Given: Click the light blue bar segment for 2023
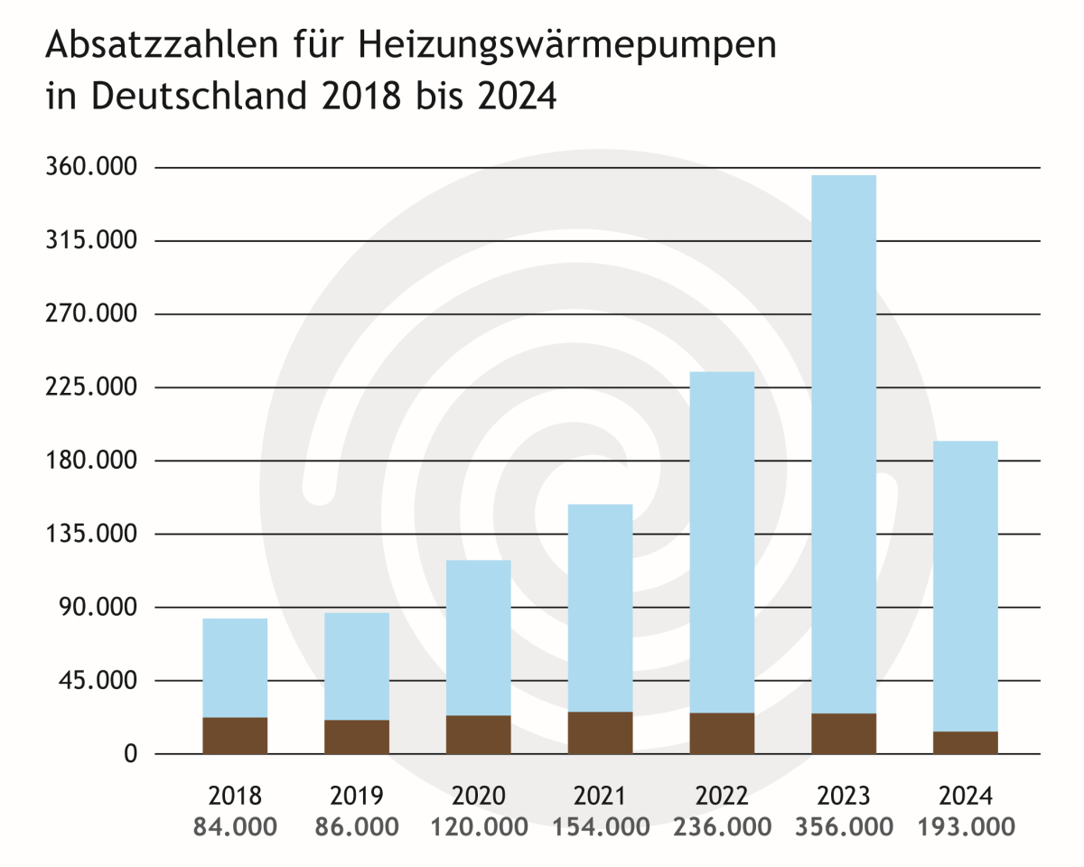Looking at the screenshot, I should [x=844, y=443].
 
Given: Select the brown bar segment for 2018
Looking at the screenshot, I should [x=235, y=735].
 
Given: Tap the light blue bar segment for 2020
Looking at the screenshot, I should [x=479, y=637].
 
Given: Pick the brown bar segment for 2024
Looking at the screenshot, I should [x=966, y=742].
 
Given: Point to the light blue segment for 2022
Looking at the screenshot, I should [x=722, y=542].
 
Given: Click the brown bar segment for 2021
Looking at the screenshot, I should [x=601, y=732].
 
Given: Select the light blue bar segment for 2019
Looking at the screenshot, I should [x=357, y=666].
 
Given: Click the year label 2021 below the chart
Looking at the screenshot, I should [x=601, y=796].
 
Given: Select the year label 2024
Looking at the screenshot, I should [x=966, y=796].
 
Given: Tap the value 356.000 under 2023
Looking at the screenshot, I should [x=844, y=826].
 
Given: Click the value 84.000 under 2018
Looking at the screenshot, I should [x=235, y=826].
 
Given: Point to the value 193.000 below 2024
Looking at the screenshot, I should [x=966, y=826].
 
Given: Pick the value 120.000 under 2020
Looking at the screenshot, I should [x=479, y=826].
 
